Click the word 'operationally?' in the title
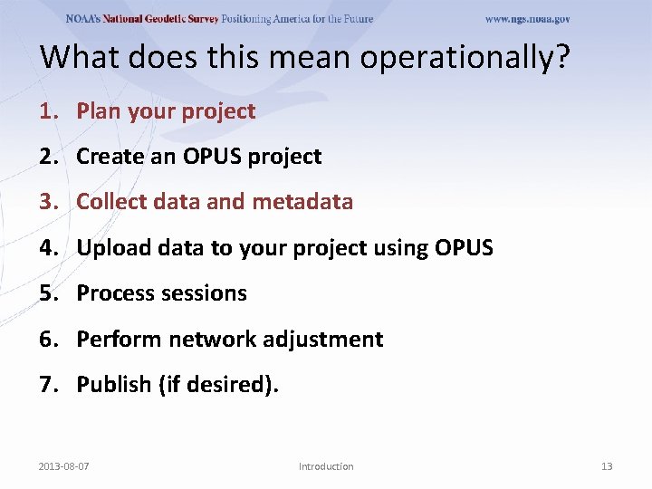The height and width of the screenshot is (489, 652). pyautogui.click(x=465, y=57)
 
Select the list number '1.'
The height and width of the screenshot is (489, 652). pyautogui.click(x=48, y=111)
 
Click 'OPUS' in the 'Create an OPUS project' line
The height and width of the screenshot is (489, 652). pyautogui.click(x=213, y=157)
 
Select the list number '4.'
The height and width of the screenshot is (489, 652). pyautogui.click(x=48, y=247)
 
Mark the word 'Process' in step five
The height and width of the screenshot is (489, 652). pyautogui.click(x=115, y=293)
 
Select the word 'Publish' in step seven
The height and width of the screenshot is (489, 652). pyautogui.click(x=114, y=385)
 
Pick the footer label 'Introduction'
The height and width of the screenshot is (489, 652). pyautogui.click(x=326, y=466)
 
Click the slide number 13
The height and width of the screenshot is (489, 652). pyautogui.click(x=607, y=466)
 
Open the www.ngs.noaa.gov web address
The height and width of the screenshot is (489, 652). pyautogui.click(x=527, y=19)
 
